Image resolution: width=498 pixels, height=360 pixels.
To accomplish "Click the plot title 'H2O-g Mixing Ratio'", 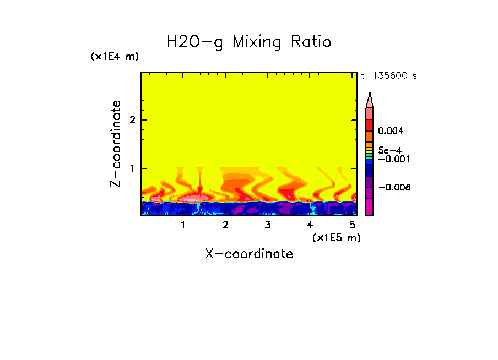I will click(x=249, y=42).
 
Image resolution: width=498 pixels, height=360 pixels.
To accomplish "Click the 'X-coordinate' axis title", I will click(x=249, y=254).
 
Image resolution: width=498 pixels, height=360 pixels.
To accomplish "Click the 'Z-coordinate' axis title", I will click(x=116, y=144).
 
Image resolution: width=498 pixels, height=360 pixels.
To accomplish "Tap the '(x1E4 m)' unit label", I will click(x=115, y=57).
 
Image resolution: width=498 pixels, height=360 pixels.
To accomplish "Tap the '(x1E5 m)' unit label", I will click(x=336, y=237).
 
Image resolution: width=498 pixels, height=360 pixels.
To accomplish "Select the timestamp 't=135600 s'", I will click(x=388, y=76).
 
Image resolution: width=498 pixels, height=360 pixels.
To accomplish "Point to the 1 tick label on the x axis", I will click(x=183, y=225).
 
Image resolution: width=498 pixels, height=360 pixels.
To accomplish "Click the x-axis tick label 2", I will click(x=225, y=225).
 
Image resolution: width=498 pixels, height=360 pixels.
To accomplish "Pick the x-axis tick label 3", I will click(x=267, y=225).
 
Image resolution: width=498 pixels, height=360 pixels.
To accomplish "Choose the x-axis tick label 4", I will click(x=310, y=225).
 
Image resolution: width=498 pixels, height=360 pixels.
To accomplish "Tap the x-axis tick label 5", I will click(x=351, y=225).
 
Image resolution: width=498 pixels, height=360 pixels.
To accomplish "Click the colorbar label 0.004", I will click(x=391, y=131).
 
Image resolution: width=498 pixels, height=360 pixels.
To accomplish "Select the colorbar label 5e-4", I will click(x=389, y=150).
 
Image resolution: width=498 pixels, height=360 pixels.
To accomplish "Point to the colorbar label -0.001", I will click(x=392, y=159).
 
